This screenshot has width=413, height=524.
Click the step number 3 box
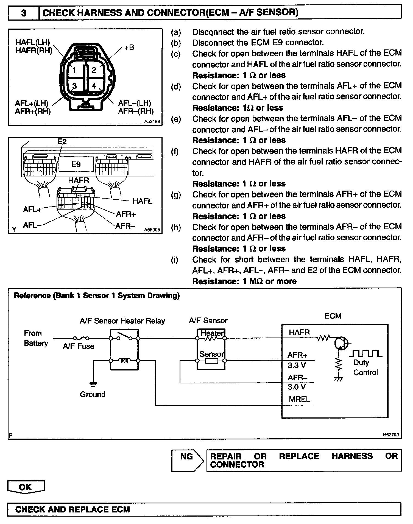tap(24, 13)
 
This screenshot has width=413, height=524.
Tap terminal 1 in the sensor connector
tap(74, 70)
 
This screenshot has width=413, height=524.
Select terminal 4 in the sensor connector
tap(94, 86)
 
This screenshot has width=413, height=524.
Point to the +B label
tap(129, 48)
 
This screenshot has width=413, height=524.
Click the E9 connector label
tap(76, 164)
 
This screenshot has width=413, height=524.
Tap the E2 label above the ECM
tap(62, 141)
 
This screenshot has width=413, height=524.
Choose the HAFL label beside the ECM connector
tap(142, 201)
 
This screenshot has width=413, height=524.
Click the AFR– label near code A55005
tap(125, 226)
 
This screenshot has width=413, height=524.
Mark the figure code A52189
tap(152, 121)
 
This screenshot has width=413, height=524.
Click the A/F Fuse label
tap(79, 346)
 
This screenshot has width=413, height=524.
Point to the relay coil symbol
tap(124, 361)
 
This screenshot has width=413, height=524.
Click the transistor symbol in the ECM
tap(341, 344)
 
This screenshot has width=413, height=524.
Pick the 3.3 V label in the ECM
tap(297, 366)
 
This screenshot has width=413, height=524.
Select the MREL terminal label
tap(299, 399)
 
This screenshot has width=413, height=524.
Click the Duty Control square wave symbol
tap(365, 354)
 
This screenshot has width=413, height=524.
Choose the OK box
tap(25, 487)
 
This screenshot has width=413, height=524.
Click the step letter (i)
tap(175, 260)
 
